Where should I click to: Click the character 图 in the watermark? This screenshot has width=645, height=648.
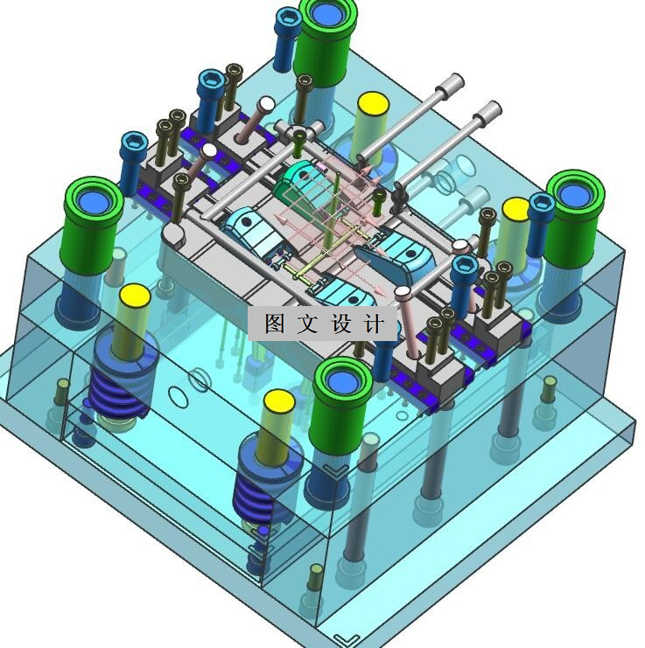[x=275, y=324]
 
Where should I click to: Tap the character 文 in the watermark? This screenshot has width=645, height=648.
[x=307, y=324]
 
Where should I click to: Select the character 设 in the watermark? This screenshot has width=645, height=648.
[x=340, y=324]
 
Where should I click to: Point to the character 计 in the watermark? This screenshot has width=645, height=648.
[x=374, y=324]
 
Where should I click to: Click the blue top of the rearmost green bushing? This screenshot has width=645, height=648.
[x=327, y=14]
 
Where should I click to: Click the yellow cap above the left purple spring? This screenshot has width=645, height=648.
[x=135, y=295]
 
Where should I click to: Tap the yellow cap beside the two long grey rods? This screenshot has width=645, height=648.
[x=373, y=103]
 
